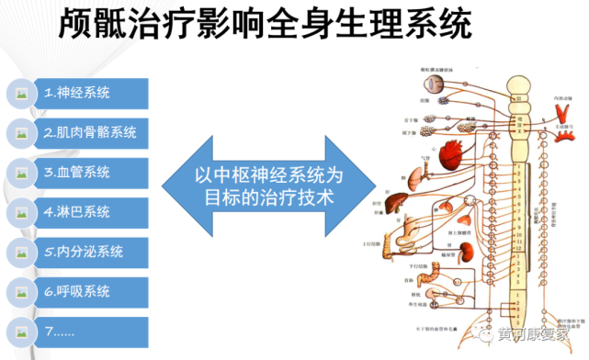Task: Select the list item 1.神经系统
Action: pyautogui.click(x=77, y=93)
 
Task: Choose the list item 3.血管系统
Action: pyautogui.click(x=77, y=172)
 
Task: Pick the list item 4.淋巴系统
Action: pyautogui.click(x=77, y=212)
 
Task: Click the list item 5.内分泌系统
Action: pyautogui.click(x=84, y=252)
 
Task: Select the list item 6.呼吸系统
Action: pyautogui.click(x=77, y=292)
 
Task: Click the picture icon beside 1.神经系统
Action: pyautogui.click(x=19, y=94)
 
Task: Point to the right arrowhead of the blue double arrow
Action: pyautogui.click(x=368, y=184)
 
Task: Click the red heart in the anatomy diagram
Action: pyautogui.click(x=449, y=151)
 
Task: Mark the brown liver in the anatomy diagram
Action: pyautogui.click(x=401, y=204)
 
